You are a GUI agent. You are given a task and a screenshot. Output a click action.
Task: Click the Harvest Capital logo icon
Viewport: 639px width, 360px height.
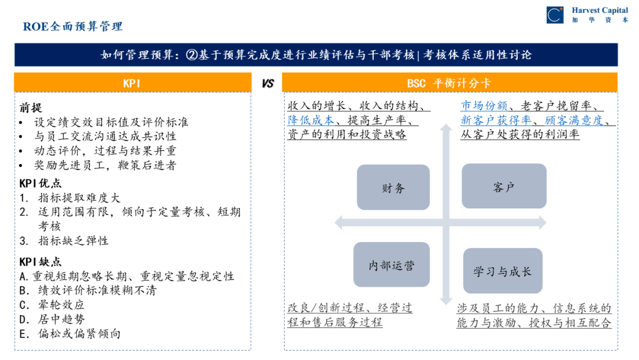pos(554,15)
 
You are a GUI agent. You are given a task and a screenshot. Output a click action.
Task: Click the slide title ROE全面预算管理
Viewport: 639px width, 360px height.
pos(73,27)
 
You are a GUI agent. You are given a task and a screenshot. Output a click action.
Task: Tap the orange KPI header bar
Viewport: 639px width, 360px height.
pos(132,83)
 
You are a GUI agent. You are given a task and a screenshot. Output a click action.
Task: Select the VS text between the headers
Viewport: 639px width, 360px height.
pos(267,83)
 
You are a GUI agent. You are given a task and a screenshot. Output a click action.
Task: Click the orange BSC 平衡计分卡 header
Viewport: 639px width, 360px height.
pos(449,83)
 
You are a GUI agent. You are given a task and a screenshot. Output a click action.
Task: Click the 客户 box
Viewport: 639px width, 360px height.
pos(504,187)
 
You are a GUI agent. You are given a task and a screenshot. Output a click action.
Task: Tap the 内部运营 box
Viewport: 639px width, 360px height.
pos(392,266)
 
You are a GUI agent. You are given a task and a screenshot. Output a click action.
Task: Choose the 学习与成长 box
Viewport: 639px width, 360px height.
pos(502,272)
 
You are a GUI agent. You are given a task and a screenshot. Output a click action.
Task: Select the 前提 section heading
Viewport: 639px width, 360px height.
pos(31,108)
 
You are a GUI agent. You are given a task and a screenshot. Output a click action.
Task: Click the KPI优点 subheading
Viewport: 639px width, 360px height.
pos(40,184)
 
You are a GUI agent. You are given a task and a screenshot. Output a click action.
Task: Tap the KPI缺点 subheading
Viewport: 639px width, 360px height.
pos(40,262)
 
